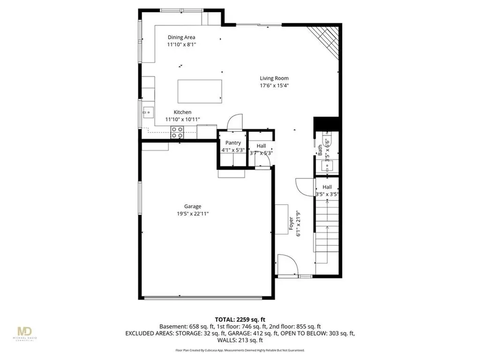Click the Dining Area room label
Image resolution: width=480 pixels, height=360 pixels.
point(181,37)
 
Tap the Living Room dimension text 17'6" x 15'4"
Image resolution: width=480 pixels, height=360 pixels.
point(274,86)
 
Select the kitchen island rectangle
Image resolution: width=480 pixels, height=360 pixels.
point(200,90)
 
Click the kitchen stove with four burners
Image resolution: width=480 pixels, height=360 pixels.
point(177,132)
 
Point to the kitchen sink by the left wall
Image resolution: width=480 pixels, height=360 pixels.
point(148,112)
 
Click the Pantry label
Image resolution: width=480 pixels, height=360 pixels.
point(233,143)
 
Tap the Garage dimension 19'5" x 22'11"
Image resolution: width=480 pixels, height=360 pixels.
point(193,214)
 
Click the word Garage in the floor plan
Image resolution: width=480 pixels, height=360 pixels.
point(193,206)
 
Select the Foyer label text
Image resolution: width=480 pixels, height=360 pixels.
point(291,225)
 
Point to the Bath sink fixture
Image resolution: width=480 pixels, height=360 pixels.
point(326,165)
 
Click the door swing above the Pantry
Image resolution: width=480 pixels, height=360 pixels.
point(233,123)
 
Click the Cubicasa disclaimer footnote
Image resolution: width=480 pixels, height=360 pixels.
point(240,350)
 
